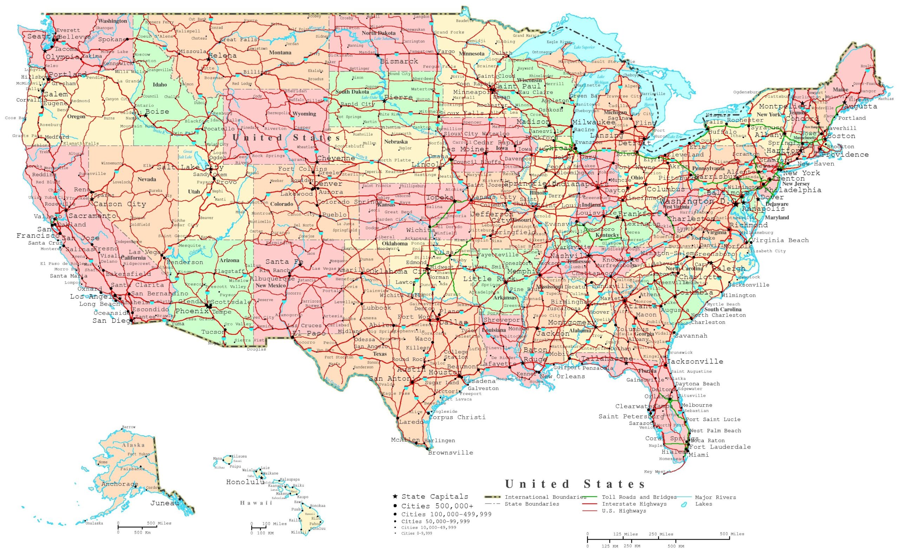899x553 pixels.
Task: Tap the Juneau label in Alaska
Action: (x=164, y=503)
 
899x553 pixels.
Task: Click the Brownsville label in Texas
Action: (x=451, y=453)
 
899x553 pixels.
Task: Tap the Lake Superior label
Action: (x=584, y=47)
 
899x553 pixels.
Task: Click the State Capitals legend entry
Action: (x=434, y=497)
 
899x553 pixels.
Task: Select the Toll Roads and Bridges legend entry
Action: (x=639, y=497)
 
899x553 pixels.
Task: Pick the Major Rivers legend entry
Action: (x=715, y=497)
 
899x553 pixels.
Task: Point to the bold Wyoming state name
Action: (x=304, y=114)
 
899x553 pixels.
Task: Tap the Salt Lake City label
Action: (x=190, y=168)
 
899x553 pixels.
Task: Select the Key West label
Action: (x=655, y=472)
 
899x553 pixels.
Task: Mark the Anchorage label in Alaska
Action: (x=119, y=484)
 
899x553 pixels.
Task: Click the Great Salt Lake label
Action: (x=188, y=154)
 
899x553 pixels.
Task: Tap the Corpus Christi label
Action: (x=457, y=417)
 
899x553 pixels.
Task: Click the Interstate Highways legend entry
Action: (x=634, y=504)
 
